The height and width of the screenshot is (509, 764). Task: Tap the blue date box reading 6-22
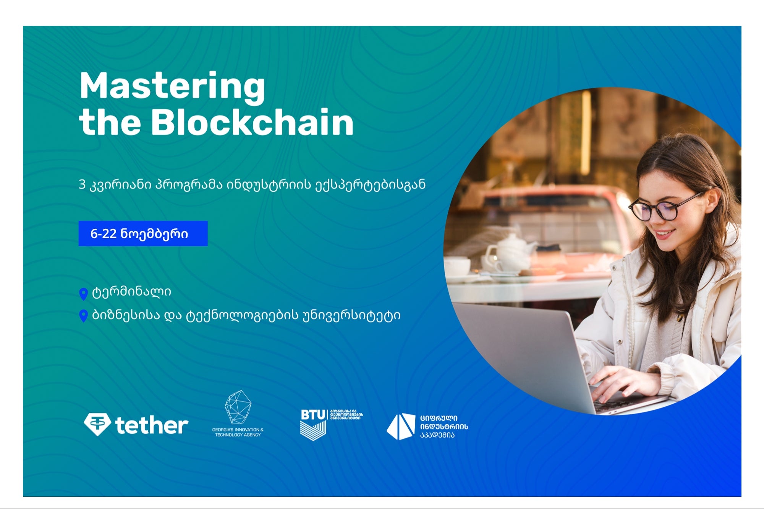143,233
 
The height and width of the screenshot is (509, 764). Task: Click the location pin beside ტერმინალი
83,294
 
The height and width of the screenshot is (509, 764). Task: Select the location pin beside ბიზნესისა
83,316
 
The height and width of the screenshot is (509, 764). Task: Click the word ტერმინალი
131,292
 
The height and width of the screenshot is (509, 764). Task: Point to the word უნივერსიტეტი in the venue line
351,315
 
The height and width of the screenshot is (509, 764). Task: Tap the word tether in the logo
152,425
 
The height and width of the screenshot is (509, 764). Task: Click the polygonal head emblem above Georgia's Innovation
238,407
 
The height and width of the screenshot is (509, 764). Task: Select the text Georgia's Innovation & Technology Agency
238,432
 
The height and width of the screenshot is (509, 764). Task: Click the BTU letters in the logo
313,415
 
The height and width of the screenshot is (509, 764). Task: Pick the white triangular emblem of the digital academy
401,426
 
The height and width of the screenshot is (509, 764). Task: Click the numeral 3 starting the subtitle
82,185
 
